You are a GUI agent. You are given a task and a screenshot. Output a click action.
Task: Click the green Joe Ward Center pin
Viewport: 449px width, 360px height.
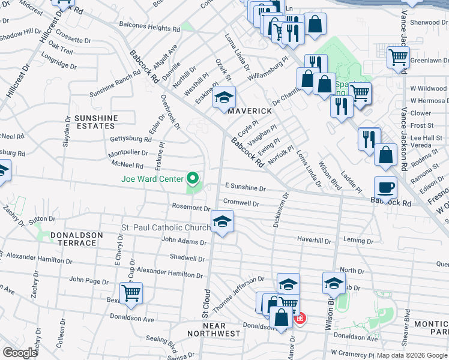pos(193,178)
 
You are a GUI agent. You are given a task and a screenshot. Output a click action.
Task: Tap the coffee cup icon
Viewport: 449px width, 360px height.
pos(385,187)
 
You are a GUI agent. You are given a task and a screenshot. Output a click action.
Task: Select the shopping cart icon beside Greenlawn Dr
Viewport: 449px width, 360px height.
pos(398,58)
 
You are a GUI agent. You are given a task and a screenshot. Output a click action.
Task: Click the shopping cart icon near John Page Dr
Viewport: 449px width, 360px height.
pos(131,293)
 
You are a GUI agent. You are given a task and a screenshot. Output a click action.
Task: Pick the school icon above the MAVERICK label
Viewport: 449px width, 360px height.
pos(224,97)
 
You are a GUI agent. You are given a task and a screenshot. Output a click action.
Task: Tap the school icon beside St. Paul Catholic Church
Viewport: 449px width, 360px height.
pos(221,223)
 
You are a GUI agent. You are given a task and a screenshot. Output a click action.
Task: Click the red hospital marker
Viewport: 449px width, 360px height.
pos(299,318)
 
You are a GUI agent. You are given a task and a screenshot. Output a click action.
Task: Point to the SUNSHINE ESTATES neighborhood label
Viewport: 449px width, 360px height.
pos(95,122)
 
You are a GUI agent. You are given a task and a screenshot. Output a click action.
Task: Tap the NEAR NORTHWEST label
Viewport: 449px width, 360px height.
pos(214,329)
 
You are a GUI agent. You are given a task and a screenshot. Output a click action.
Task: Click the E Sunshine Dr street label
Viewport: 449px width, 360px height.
pos(246,188)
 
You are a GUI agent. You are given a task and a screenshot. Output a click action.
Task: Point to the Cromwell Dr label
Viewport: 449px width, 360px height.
pos(241,204)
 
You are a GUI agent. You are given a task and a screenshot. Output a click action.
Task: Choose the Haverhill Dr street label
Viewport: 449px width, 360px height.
pos(314,241)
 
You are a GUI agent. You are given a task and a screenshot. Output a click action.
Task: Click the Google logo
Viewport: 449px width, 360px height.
pos(20,352)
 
